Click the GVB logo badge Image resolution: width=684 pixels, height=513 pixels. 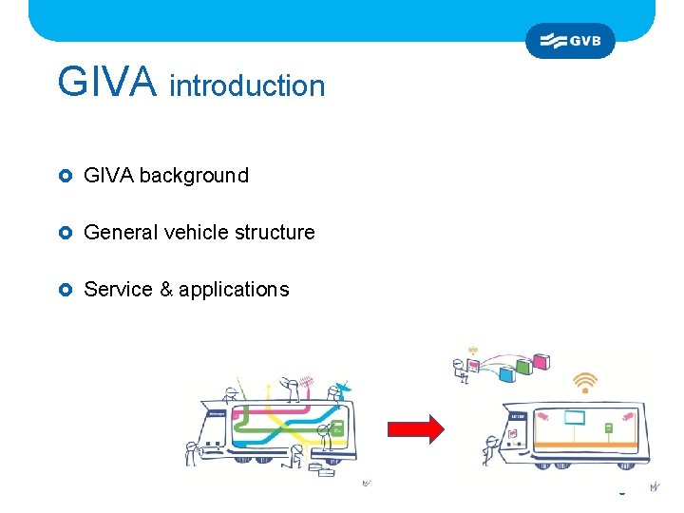570,41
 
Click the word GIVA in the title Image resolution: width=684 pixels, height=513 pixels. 106,83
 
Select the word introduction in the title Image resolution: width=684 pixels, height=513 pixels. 247,86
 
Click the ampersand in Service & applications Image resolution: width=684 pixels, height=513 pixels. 165,290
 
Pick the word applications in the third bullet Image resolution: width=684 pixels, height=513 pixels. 234,290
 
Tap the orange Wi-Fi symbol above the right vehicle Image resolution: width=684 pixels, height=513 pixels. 584,382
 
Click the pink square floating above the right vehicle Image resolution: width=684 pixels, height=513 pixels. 542,361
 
